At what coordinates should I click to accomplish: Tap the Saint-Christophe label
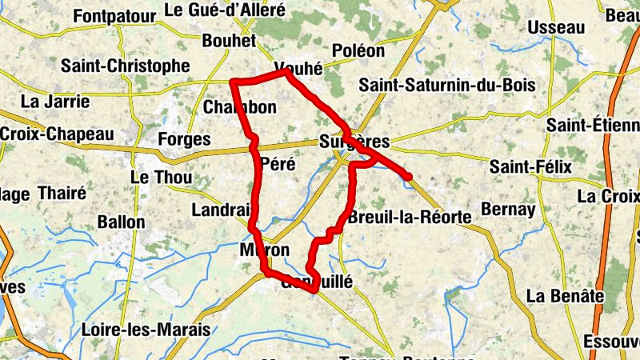click(126, 66)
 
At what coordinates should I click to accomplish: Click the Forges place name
click(185, 139)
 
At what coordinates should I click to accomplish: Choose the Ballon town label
click(121, 222)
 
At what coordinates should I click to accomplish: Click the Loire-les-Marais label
click(146, 329)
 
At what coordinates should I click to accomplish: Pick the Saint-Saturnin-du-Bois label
click(446, 85)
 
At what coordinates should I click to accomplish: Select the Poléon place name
click(358, 50)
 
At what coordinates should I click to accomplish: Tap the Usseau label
click(556, 27)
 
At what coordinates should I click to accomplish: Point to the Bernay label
click(508, 209)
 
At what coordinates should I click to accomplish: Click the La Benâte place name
click(565, 296)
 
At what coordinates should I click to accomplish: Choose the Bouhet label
click(230, 41)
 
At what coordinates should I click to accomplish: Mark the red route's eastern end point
click(409, 176)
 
